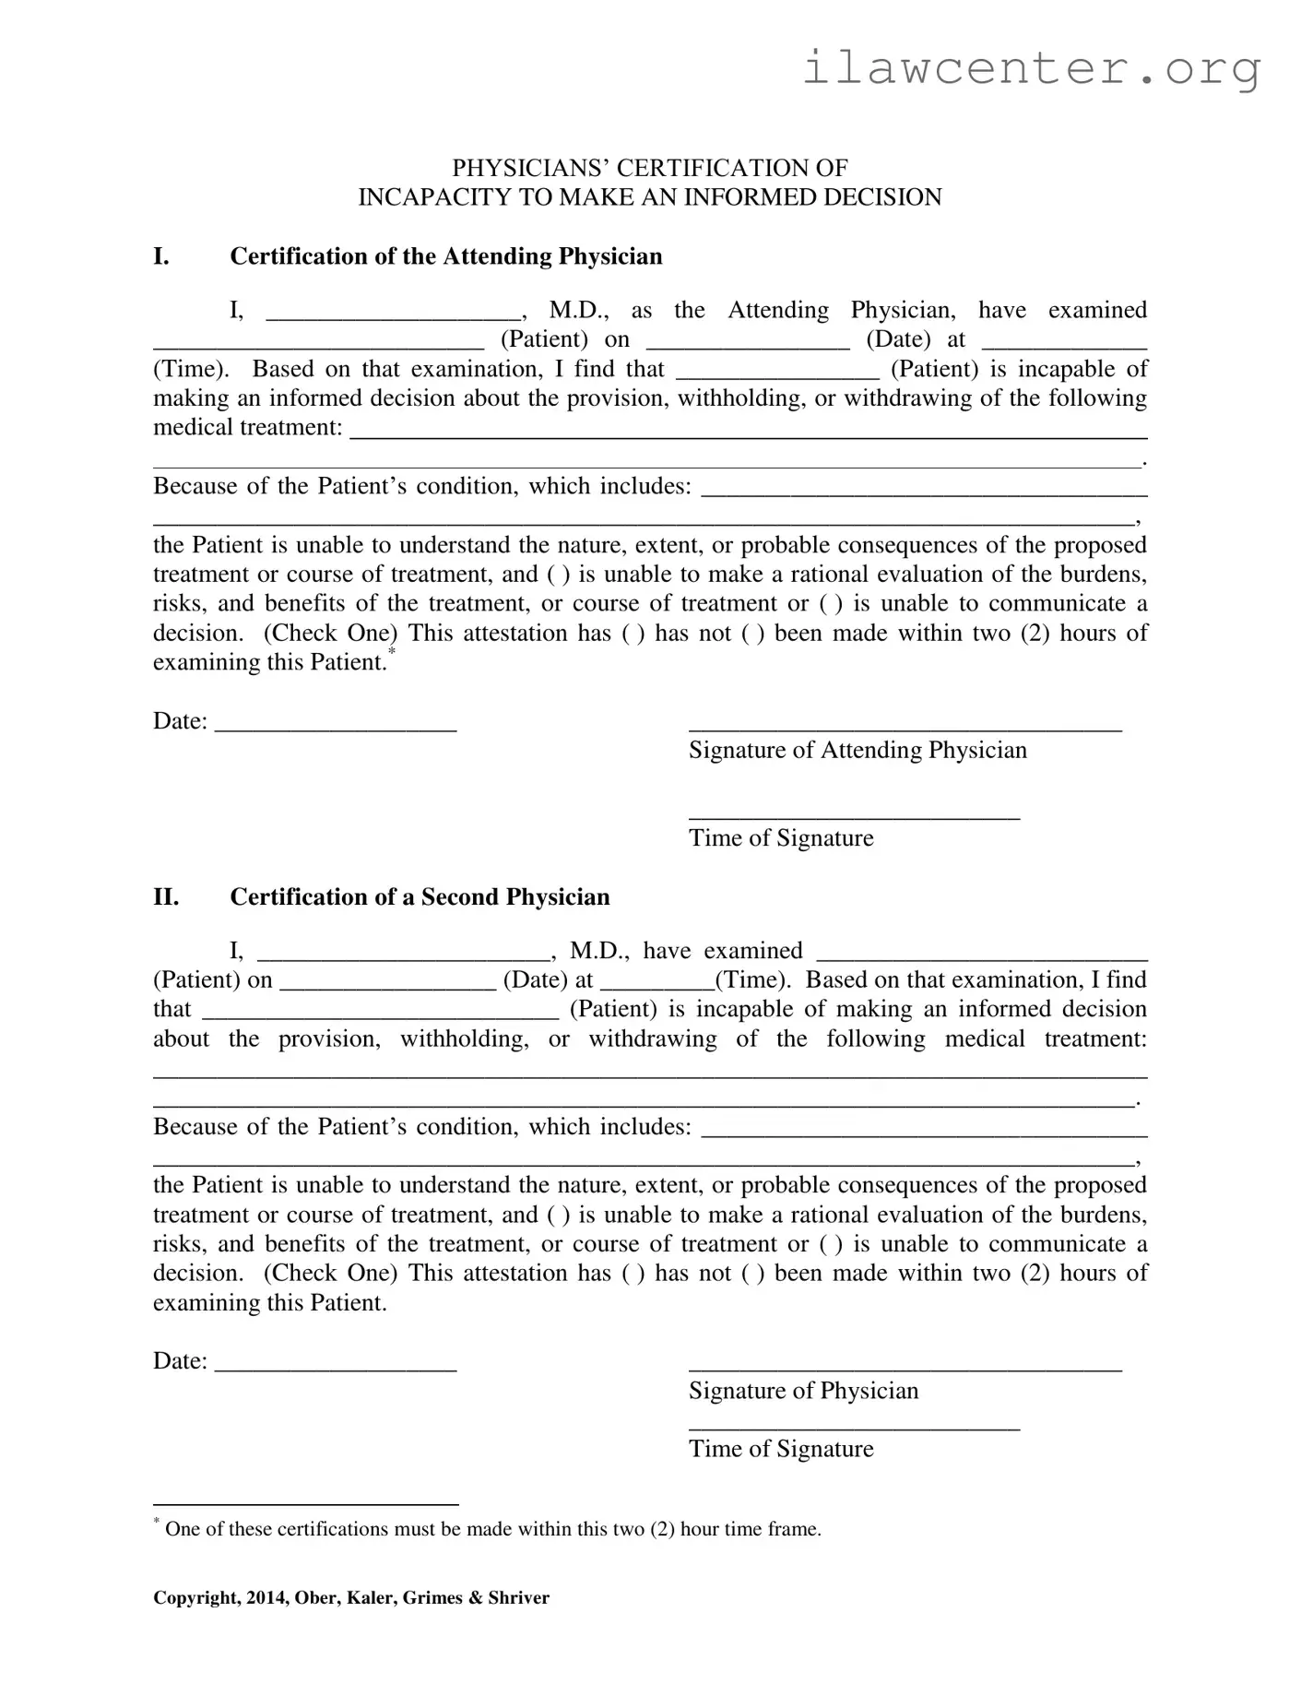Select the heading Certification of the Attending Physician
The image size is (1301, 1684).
pyautogui.click(x=445, y=255)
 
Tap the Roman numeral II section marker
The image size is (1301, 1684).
pyautogui.click(x=166, y=896)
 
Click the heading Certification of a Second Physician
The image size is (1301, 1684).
pyautogui.click(x=420, y=896)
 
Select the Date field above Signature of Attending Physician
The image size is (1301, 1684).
pyautogui.click(x=336, y=722)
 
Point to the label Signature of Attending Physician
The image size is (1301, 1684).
pyautogui.click(x=857, y=750)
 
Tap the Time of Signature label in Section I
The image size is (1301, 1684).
pyautogui.click(x=781, y=837)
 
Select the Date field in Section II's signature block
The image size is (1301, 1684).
pyautogui.click(x=336, y=1363)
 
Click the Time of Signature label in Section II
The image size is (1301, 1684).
pyautogui.click(x=781, y=1448)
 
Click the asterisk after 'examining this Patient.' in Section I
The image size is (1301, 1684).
pyautogui.click(x=392, y=653)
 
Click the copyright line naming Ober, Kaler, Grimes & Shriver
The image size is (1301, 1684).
pyautogui.click(x=350, y=1598)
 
